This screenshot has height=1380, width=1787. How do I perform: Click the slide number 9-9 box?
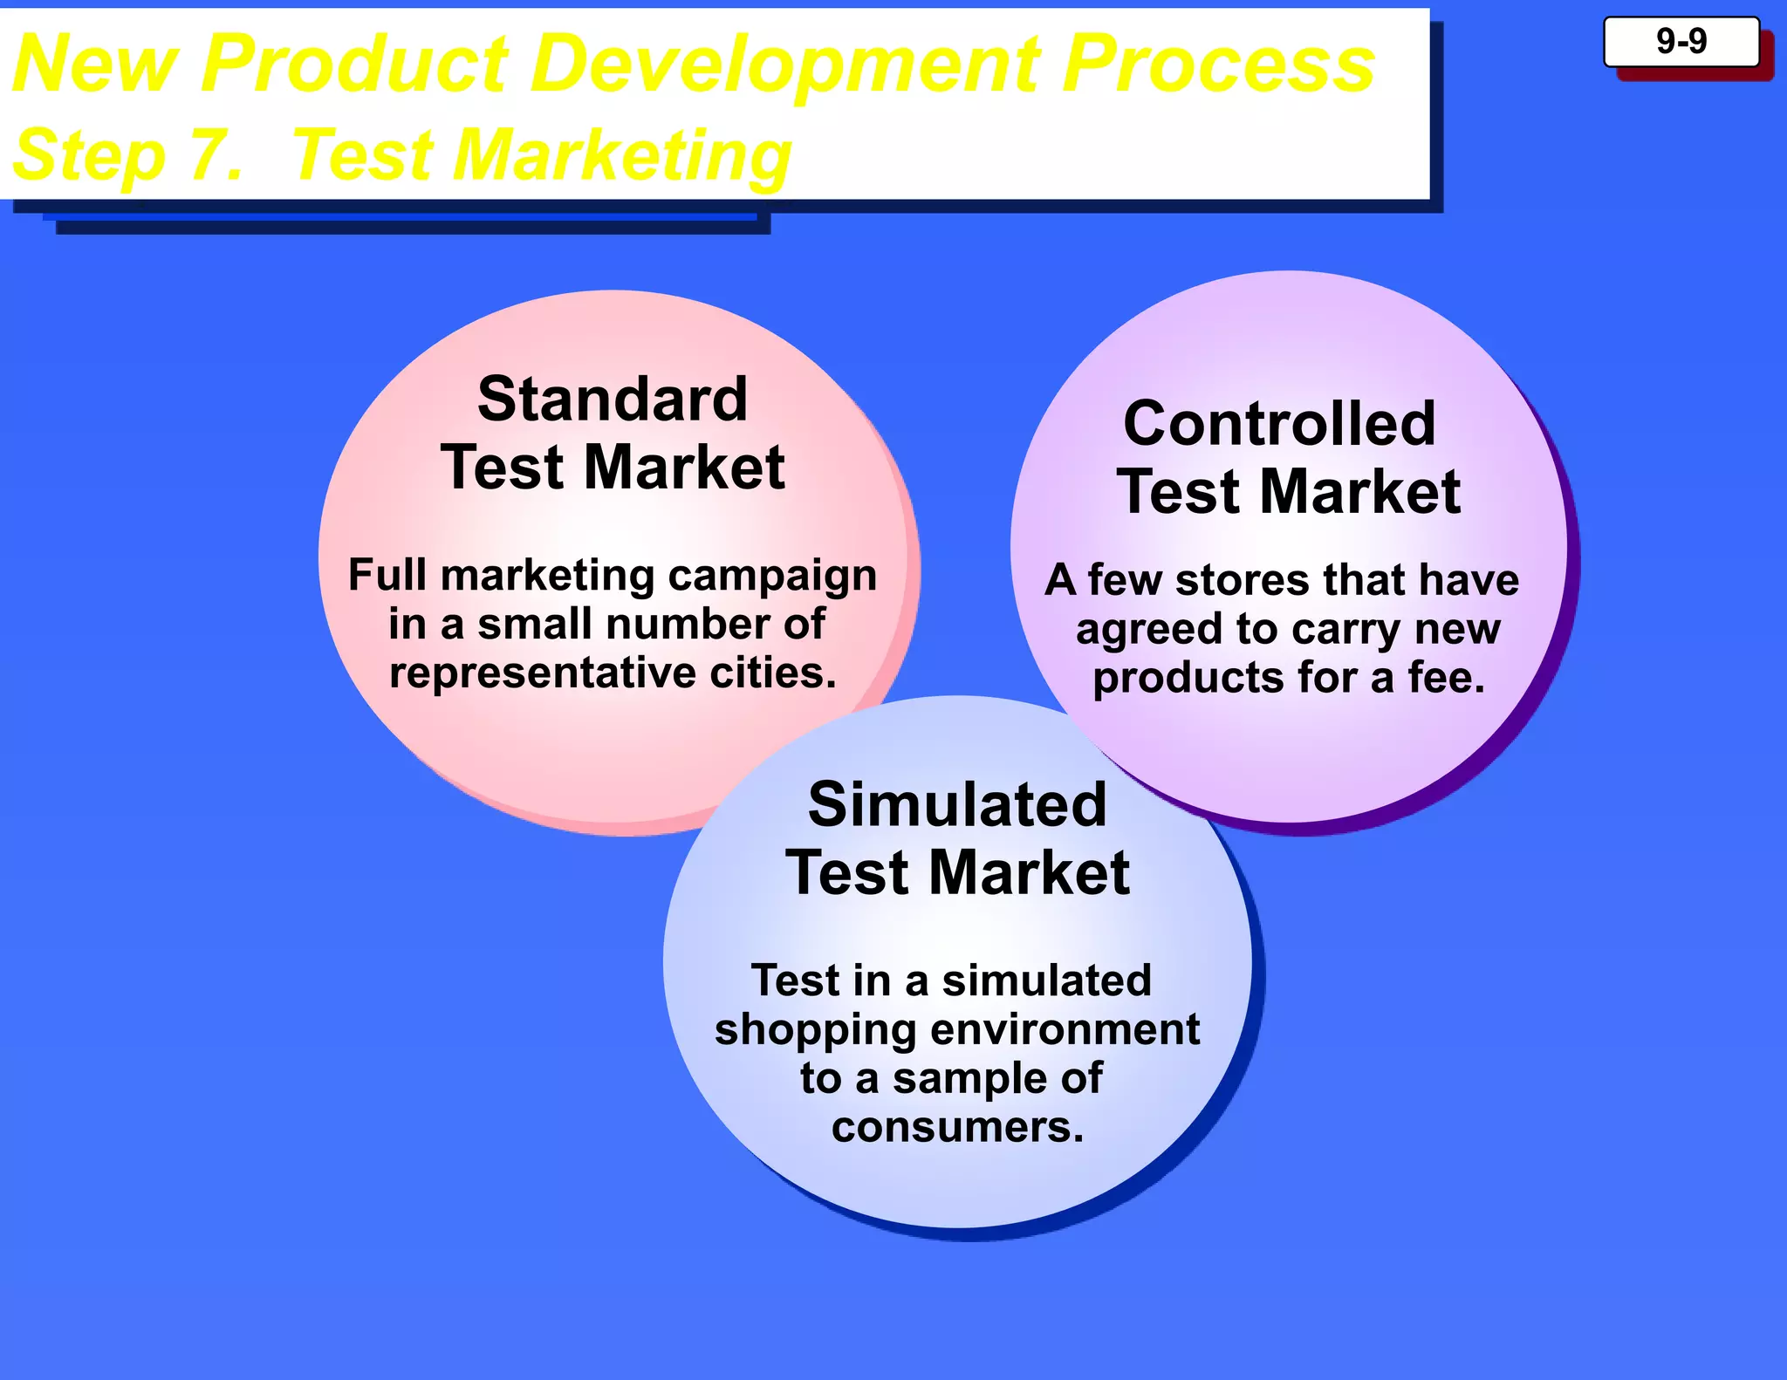click(x=1681, y=42)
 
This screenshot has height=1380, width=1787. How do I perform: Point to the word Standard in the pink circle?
click(x=613, y=400)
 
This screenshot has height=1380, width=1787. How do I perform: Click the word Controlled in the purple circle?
click(x=1279, y=424)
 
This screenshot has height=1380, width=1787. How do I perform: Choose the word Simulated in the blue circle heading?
click(x=957, y=804)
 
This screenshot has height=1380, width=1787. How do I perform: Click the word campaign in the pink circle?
click(x=772, y=576)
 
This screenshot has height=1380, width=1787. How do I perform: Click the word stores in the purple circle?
click(x=1243, y=580)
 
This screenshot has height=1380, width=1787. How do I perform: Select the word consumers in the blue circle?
click(x=957, y=1127)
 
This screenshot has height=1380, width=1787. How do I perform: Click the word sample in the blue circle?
click(x=969, y=1079)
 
